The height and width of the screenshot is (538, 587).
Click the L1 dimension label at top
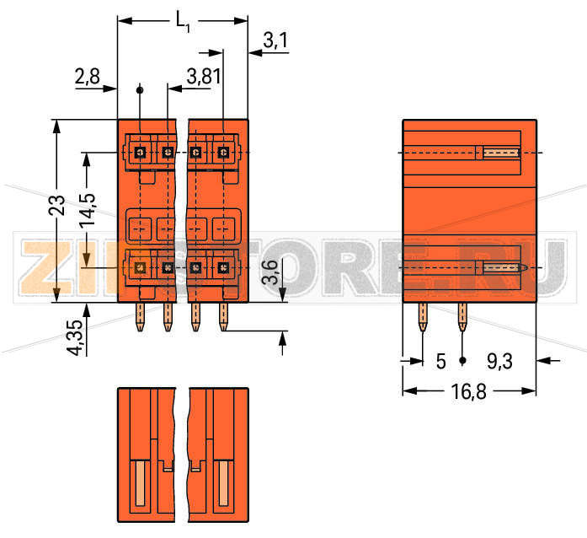pos(183,21)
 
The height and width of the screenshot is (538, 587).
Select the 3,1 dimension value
pos(275,39)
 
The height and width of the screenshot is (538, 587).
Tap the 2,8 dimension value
pos(87,78)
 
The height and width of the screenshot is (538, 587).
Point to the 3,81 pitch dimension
pos(204,78)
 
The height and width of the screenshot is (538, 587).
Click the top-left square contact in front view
pos(141,152)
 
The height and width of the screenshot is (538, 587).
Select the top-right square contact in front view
pos(223,152)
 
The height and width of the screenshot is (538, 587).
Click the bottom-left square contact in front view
pos(141,267)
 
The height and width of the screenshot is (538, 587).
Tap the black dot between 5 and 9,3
pos(462,361)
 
